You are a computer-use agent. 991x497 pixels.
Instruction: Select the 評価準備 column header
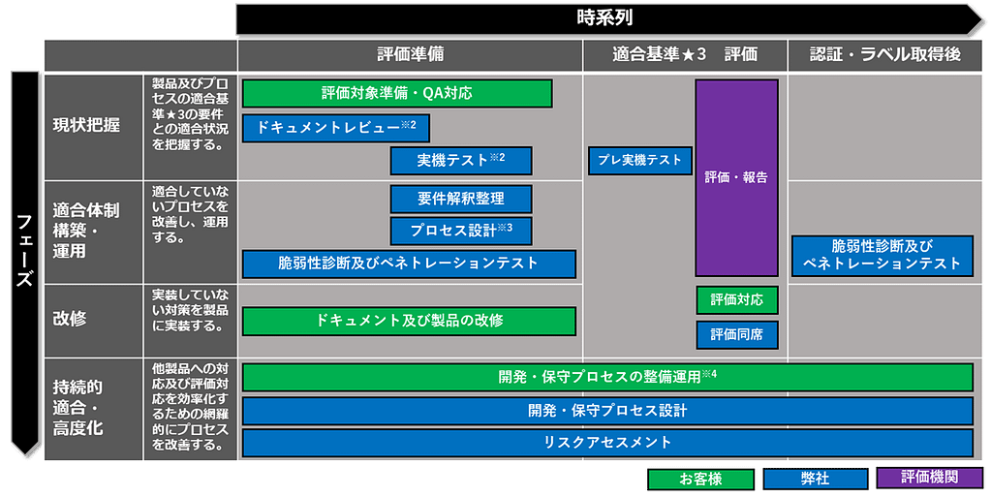411,55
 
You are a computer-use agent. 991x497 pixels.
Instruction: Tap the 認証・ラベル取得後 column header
885,55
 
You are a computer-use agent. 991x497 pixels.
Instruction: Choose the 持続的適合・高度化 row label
78,407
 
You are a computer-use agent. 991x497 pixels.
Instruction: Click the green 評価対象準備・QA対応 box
397,94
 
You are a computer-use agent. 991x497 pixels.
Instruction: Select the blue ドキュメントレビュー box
335,128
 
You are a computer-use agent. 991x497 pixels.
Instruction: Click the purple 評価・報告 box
736,177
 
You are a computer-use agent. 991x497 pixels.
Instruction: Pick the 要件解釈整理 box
461,199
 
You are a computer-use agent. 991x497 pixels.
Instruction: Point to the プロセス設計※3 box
461,231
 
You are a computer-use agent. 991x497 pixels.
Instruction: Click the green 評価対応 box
736,300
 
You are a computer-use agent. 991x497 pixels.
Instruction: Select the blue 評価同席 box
736,335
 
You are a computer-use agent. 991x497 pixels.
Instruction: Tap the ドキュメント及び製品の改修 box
409,321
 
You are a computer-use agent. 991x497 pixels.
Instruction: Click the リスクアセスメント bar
607,443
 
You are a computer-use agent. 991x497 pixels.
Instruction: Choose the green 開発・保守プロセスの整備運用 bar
607,377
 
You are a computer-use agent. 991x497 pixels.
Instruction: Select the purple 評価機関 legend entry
928,478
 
